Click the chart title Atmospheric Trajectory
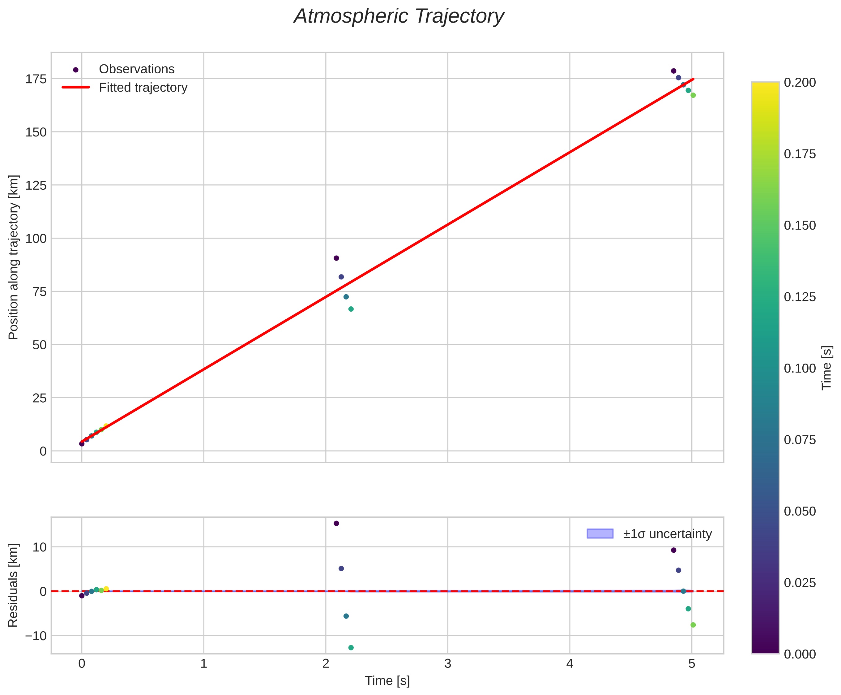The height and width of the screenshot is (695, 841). click(x=399, y=17)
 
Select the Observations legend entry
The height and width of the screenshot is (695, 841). click(x=136, y=69)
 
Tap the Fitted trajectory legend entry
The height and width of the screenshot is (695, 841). click(x=143, y=88)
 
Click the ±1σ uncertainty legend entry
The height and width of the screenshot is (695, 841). click(x=667, y=534)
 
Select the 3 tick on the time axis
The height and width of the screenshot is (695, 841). click(x=447, y=664)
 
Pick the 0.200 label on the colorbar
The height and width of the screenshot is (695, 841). click(x=799, y=83)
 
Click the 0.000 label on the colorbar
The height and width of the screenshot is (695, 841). click(x=799, y=654)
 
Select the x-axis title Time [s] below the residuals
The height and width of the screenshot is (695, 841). click(x=387, y=681)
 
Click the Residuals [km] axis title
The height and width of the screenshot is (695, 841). click(x=13, y=586)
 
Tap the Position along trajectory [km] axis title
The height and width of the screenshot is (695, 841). click(x=13, y=257)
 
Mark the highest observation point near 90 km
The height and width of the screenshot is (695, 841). click(x=336, y=258)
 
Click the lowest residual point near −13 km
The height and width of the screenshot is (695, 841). click(x=351, y=648)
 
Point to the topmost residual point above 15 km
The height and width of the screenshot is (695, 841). click(x=336, y=524)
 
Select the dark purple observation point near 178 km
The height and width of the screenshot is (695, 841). click(x=673, y=71)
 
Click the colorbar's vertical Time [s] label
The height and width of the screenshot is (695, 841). click(x=826, y=368)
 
